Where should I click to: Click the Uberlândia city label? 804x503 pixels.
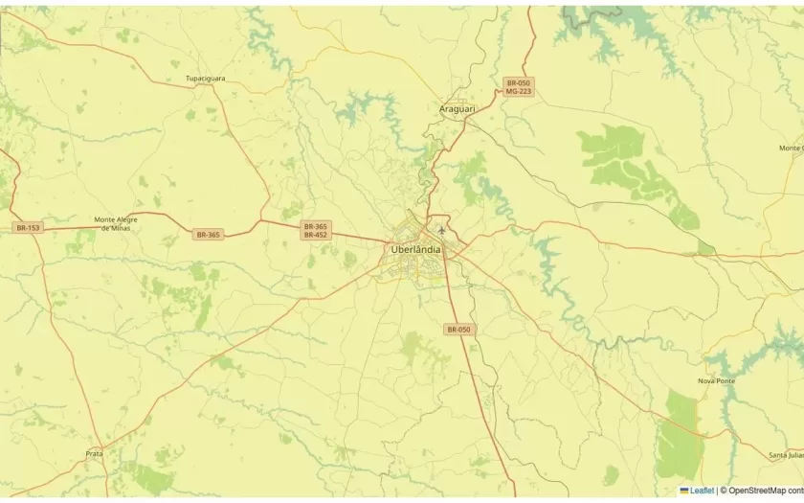(x=416, y=249)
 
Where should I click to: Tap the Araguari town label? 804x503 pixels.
(x=457, y=109)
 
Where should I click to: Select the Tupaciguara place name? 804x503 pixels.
(x=206, y=79)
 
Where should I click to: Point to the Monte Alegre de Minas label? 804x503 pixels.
(x=116, y=223)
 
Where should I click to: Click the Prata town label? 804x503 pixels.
(x=94, y=453)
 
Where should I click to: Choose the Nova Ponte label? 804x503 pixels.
(x=716, y=380)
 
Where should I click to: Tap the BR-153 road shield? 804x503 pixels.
(x=28, y=227)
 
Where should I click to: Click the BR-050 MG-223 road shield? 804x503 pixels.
(x=519, y=87)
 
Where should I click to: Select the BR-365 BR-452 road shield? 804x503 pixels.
(x=315, y=230)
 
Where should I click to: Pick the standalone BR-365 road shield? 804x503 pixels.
(x=208, y=234)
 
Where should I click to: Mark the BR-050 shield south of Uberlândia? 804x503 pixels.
(x=458, y=329)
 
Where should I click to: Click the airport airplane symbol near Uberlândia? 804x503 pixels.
(x=441, y=230)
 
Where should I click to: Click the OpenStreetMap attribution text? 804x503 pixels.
(x=765, y=491)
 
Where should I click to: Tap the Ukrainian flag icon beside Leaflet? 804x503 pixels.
(x=684, y=491)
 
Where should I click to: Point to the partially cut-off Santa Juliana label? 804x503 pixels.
(x=786, y=454)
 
